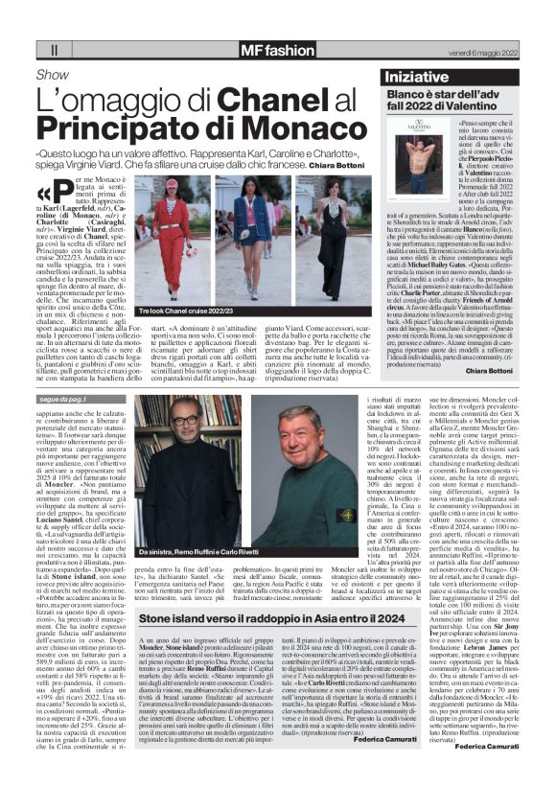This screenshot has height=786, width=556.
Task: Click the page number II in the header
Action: [55, 48]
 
